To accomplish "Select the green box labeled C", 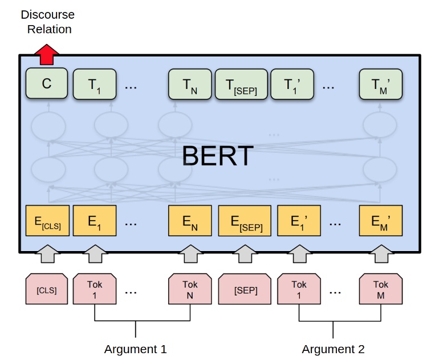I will tap(47, 84).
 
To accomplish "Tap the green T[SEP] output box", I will tap(241, 84).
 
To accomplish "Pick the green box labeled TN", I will tap(190, 84).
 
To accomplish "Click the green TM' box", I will tap(381, 84).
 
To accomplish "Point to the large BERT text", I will tap(217, 155).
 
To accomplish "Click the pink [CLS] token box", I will tap(47, 290).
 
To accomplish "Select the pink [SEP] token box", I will tap(246, 290).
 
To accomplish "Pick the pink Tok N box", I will tap(190, 290).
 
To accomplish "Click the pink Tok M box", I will tap(381, 290).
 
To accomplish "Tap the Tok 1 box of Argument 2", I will tap(299, 290).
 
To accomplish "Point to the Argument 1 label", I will tap(135, 349).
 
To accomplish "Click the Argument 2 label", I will tap(333, 349).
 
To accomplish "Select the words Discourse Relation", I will tap(47, 22).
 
